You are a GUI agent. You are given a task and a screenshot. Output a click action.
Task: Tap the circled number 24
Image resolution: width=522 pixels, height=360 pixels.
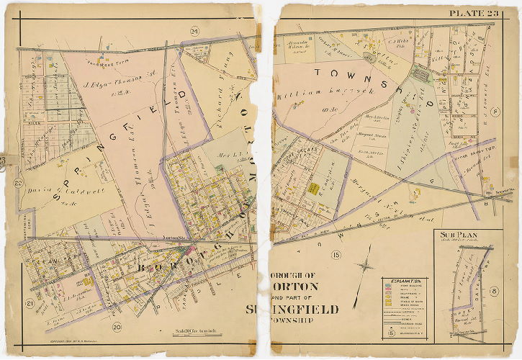194,31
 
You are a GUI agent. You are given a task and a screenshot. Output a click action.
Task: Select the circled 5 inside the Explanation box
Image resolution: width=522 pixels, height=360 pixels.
391,333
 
